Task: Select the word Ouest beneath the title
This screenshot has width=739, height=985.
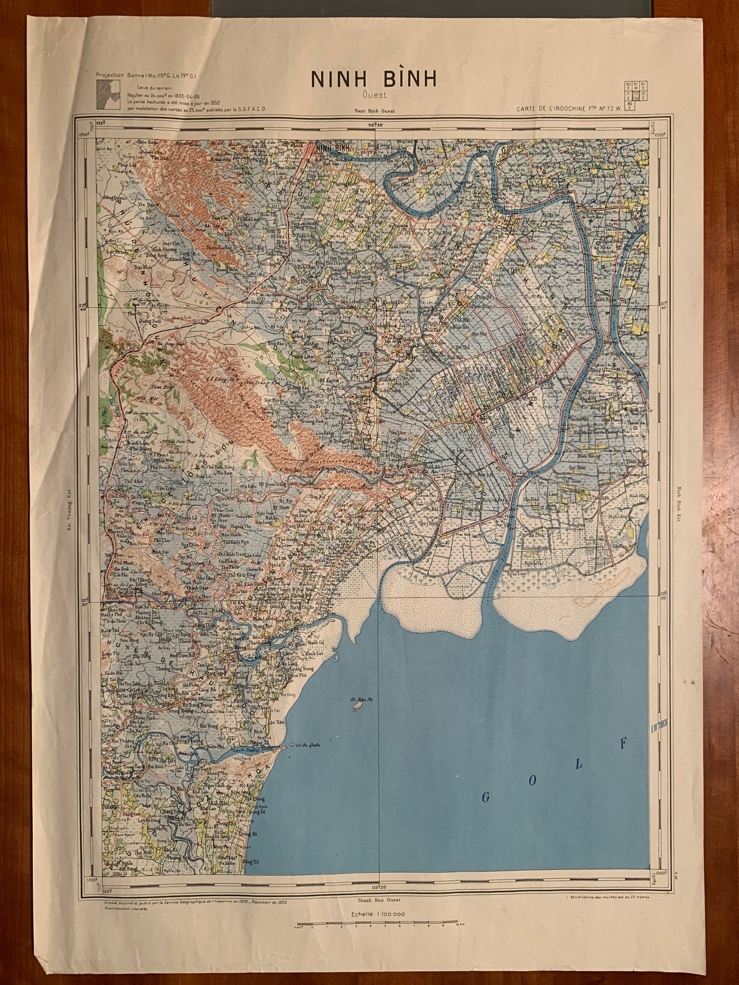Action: pos(374,95)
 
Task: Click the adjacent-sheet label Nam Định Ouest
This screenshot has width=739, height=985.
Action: pos(374,111)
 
